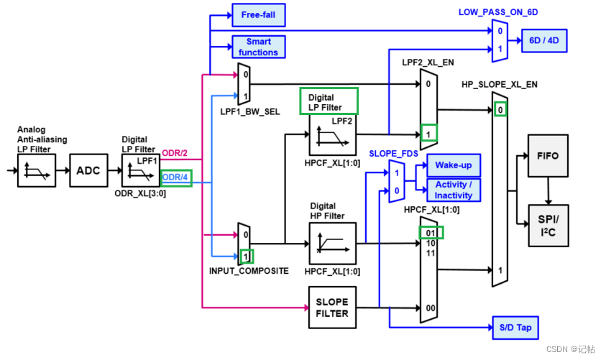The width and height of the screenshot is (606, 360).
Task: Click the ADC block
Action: click(88, 170)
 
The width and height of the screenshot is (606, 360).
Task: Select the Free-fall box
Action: click(259, 15)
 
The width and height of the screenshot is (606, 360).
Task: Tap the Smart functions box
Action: click(259, 47)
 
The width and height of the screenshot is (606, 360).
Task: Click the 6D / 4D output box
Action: click(544, 40)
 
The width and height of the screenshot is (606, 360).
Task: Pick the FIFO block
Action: click(548, 156)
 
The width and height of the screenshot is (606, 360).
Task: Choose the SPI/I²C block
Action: click(548, 226)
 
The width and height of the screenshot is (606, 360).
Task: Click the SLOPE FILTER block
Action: click(332, 308)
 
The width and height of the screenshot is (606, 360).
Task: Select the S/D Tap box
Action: click(515, 328)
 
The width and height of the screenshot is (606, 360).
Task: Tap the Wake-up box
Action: click(454, 165)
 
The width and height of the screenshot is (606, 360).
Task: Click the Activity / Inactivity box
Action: click(454, 190)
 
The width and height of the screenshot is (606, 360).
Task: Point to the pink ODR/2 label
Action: click(175, 153)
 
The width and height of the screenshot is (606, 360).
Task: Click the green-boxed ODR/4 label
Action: click(176, 177)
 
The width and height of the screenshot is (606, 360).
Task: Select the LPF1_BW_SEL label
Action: click(250, 111)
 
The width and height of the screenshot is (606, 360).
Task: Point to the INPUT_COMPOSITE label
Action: click(249, 271)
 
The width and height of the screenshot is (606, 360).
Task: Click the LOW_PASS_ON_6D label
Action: click(498, 12)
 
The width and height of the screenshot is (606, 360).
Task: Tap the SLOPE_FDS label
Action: click(393, 154)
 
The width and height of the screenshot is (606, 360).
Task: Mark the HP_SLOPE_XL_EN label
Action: click(500, 84)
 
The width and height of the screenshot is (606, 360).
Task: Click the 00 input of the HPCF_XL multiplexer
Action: click(431, 308)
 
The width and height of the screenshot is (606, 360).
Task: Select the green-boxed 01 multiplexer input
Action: click(431, 233)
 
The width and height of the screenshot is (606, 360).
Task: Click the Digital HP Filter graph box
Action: click(332, 244)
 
